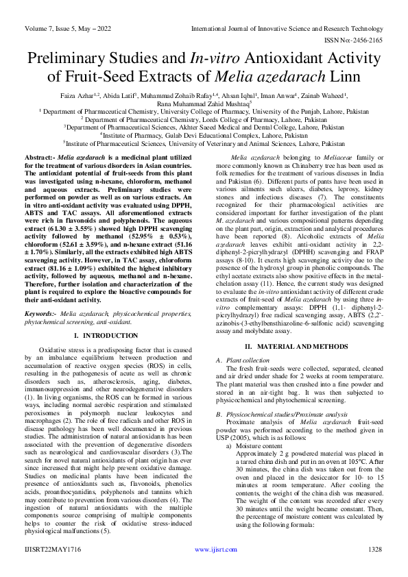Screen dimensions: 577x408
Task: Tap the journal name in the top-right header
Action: [286, 29]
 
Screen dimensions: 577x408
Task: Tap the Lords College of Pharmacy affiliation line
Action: [204, 119]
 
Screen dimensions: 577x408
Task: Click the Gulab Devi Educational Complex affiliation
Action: [204, 135]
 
